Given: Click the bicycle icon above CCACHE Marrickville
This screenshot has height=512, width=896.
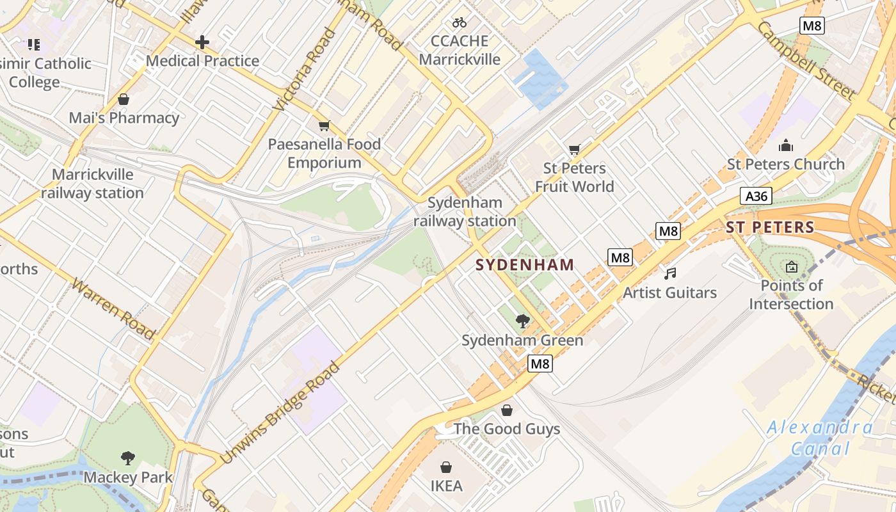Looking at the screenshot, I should tap(459, 22).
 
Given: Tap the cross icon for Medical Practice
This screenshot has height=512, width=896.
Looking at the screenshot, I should tap(202, 43).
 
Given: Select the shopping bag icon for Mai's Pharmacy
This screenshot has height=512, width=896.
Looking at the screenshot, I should tap(124, 99).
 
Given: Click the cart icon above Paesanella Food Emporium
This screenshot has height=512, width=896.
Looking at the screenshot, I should tap(324, 125).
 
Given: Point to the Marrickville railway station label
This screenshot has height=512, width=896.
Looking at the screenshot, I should tap(92, 184).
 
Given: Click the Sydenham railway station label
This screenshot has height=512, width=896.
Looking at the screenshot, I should tap(465, 212).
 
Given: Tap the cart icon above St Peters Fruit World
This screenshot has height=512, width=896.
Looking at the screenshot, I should tap(574, 150).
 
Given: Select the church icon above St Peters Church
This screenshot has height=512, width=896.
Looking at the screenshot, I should tap(786, 145).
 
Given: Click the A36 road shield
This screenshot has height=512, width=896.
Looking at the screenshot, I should tap(756, 196).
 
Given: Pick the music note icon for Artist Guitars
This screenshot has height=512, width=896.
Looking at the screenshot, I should tap(670, 274).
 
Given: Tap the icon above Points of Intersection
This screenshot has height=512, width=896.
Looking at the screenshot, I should tap(792, 267).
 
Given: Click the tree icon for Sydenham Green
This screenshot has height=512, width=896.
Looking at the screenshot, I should tap(522, 321).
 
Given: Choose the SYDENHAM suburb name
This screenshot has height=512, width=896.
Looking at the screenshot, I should tap(525, 265).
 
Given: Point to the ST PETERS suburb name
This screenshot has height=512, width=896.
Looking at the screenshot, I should tap(770, 227).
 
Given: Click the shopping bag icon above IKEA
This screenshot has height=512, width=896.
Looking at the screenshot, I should tap(446, 467).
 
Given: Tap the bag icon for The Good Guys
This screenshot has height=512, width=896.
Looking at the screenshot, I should tap(507, 410).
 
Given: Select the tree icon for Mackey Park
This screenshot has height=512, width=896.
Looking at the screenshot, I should tap(128, 458).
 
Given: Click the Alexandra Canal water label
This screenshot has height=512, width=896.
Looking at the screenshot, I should tap(820, 438).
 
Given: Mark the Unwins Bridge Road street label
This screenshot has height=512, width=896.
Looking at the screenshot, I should tap(280, 413).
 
